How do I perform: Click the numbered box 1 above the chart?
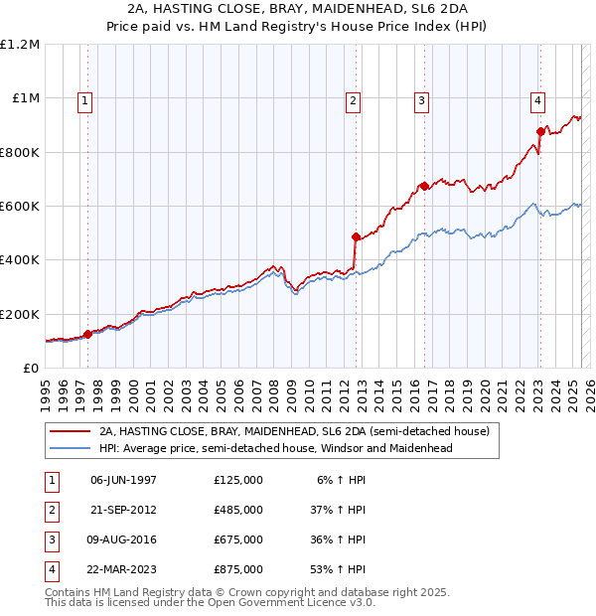(84, 99)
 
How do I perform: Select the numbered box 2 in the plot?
(354, 99)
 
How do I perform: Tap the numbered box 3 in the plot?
(421, 99)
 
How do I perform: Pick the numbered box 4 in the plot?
(536, 99)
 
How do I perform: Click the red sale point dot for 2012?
(355, 236)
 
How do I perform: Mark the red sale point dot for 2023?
(540, 131)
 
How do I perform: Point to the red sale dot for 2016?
(423, 186)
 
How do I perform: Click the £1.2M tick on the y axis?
(20, 45)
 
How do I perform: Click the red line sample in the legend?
(69, 432)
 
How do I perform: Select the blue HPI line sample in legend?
(69, 448)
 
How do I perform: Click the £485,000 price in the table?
(238, 510)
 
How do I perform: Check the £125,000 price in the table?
(238, 480)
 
